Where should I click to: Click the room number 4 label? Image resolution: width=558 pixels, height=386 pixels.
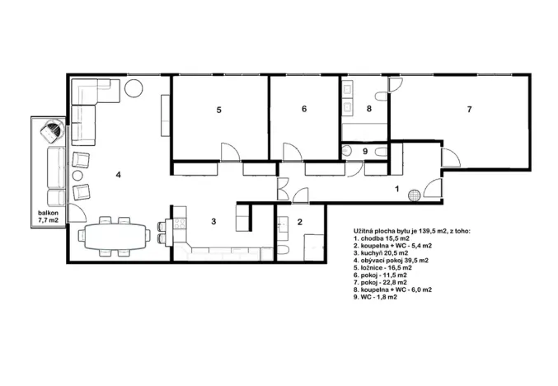coord(119,175)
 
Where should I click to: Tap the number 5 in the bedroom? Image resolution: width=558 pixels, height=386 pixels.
coord(219,110)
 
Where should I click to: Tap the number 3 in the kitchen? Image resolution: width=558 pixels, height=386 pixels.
coord(213,221)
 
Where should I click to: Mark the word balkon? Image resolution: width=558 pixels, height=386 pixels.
coord(46,213)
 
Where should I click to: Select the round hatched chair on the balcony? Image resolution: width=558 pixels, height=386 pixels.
coord(52,130)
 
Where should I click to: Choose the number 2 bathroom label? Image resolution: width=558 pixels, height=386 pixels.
coord(300,221)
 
